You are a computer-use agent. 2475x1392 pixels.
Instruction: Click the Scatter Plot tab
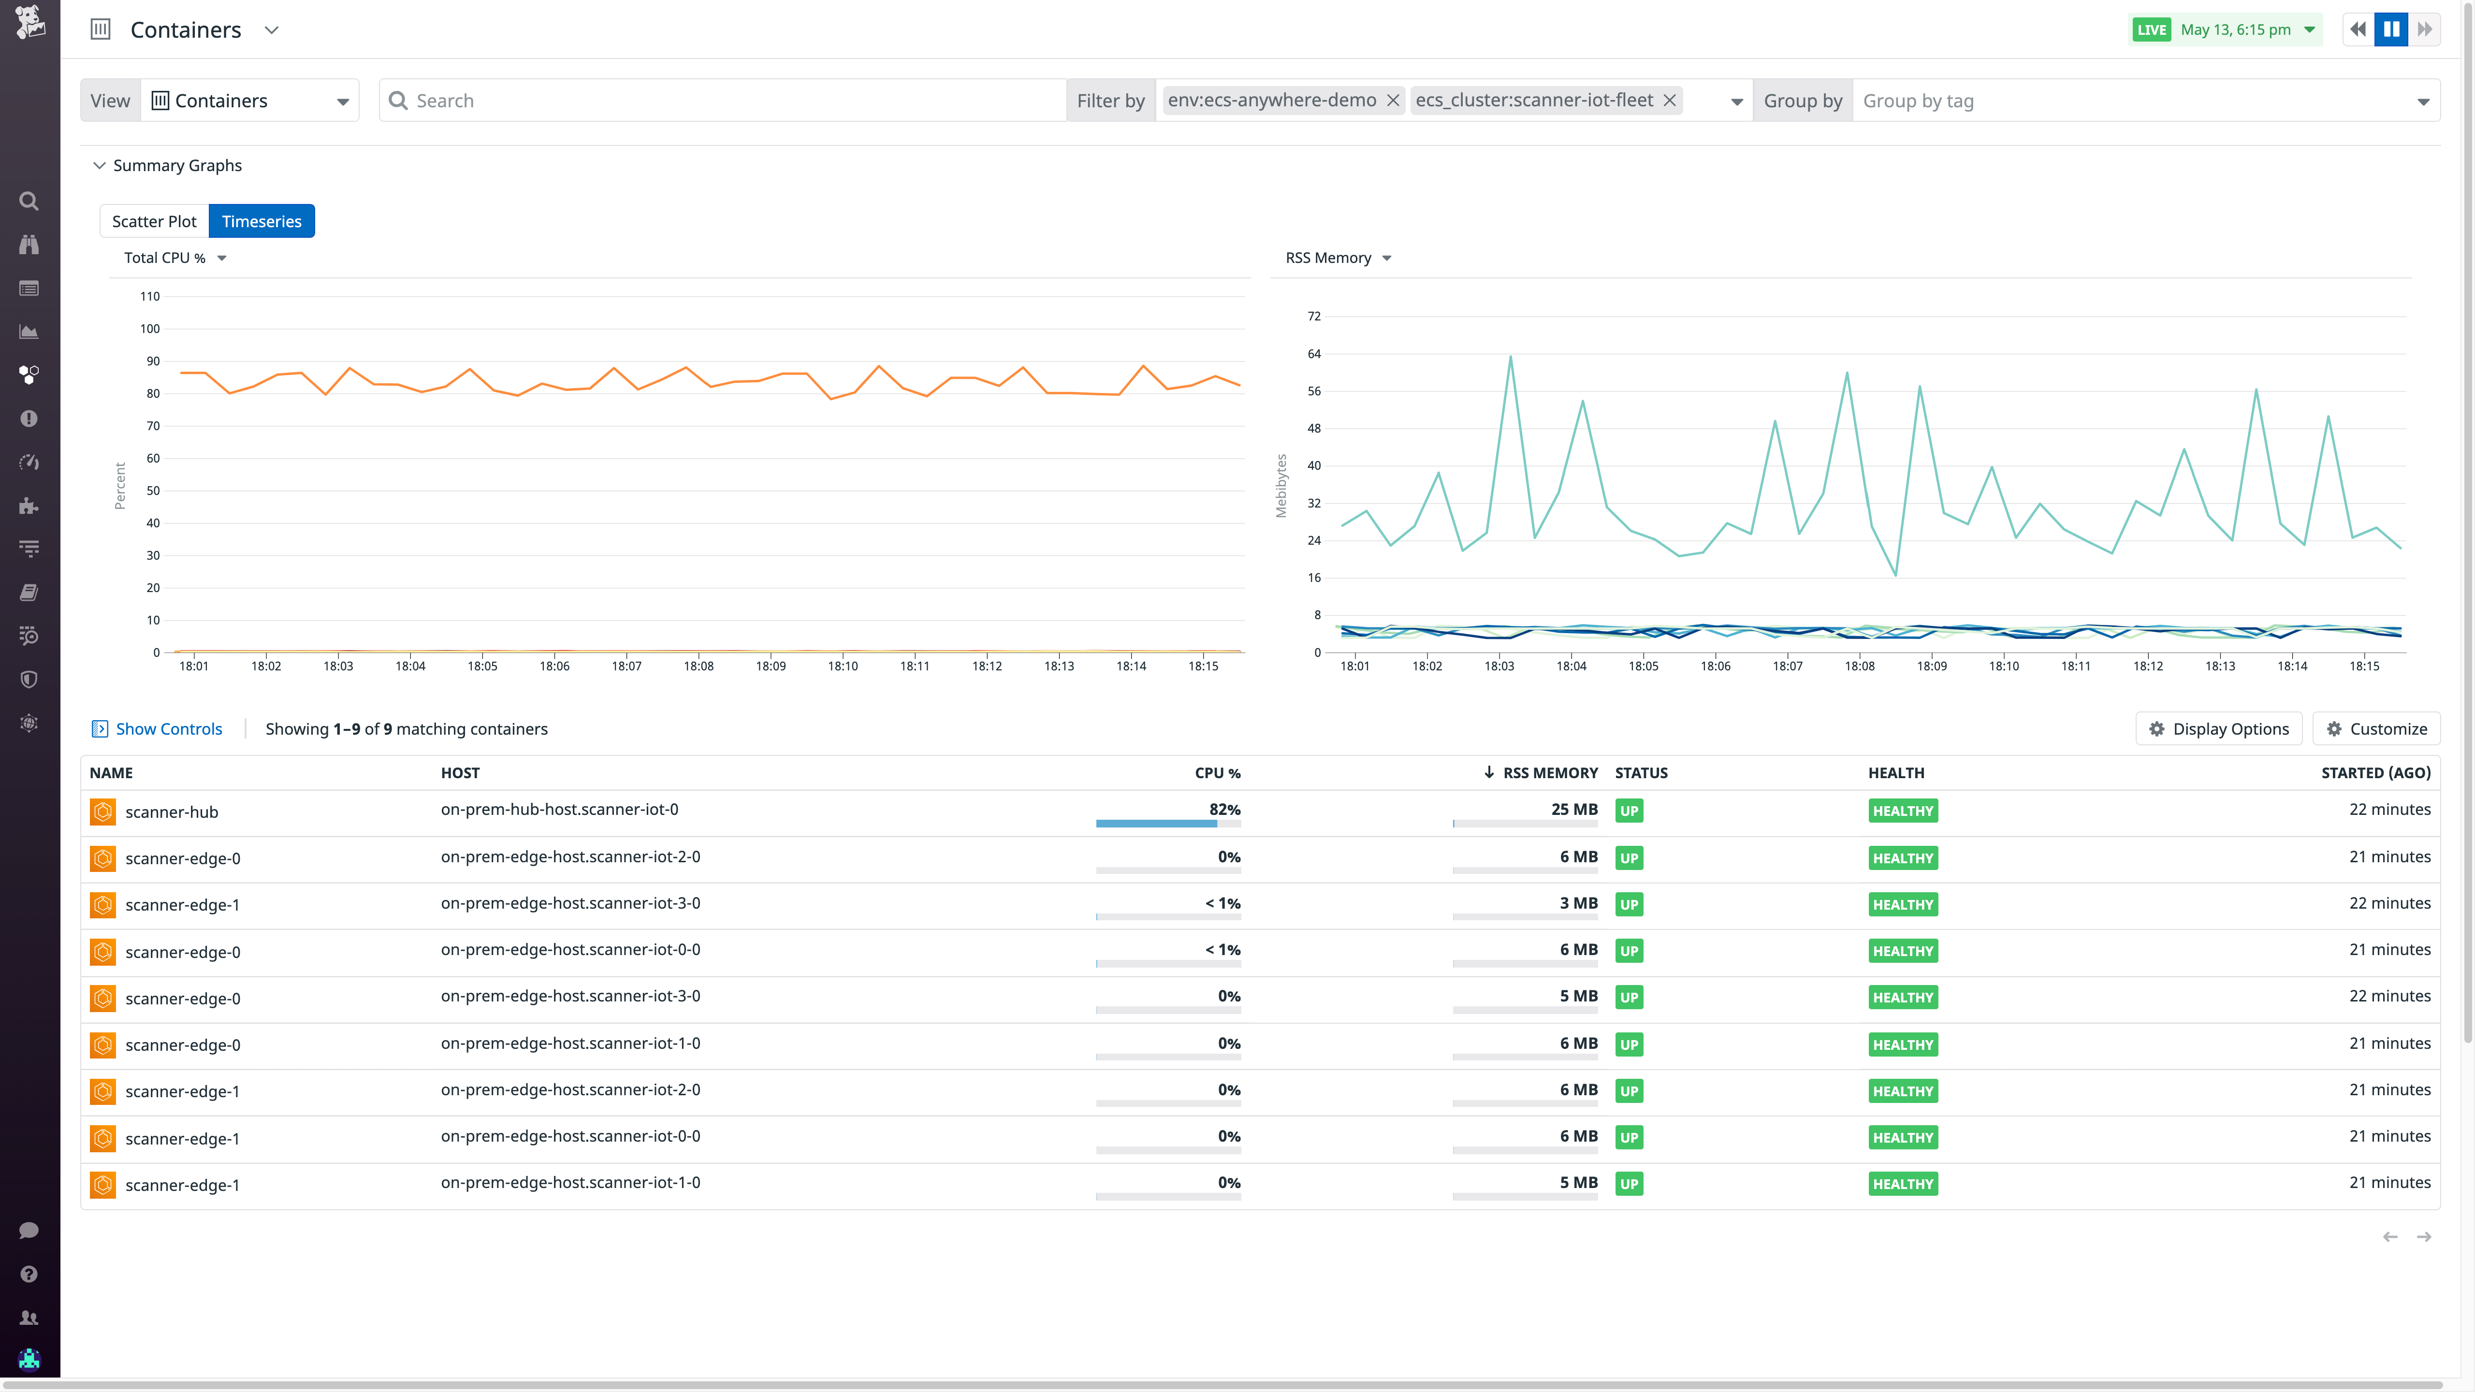[x=154, y=221]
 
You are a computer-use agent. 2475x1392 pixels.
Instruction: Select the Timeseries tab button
[x=262, y=221]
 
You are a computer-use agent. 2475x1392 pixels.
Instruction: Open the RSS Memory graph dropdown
[x=1338, y=258]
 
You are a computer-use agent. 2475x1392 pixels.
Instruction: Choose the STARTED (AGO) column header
[x=2375, y=772]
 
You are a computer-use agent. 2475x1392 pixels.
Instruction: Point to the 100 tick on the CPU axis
[x=150, y=329]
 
